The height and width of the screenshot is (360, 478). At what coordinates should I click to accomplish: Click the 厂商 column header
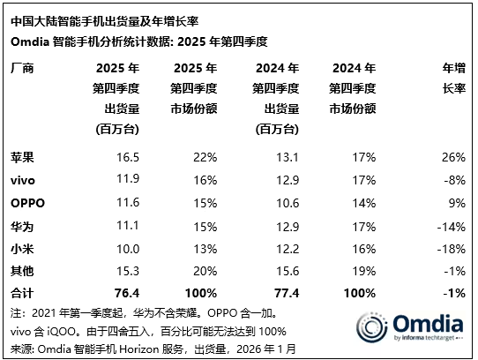pyautogui.click(x=24, y=68)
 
